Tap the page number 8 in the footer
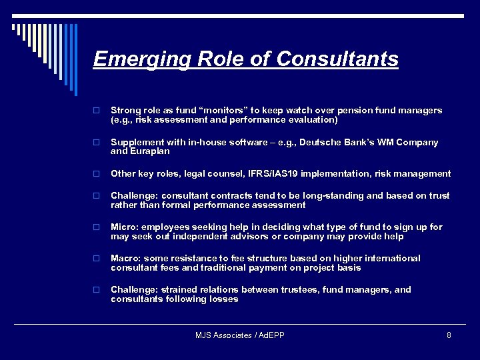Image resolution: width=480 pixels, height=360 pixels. (x=449, y=335)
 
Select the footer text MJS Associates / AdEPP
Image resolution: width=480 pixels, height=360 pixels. (x=240, y=335)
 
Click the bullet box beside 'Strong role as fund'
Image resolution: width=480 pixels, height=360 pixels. (x=97, y=111)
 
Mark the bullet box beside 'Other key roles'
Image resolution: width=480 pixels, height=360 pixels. (x=97, y=174)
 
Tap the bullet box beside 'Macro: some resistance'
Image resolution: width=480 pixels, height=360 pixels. (x=97, y=259)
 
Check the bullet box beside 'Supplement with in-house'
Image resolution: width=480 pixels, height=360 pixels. (x=97, y=143)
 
